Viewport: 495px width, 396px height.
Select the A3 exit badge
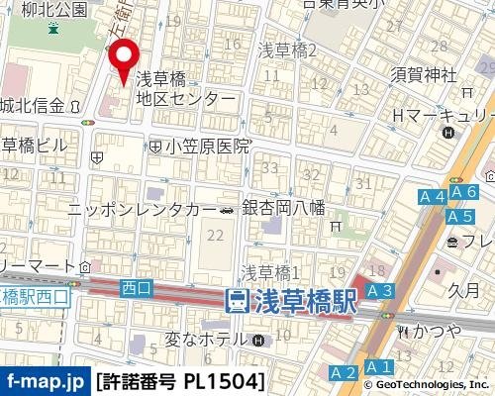(379, 290)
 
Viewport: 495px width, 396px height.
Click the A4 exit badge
(432, 198)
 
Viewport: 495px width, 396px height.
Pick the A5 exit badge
(458, 216)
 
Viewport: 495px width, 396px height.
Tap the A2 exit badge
(343, 372)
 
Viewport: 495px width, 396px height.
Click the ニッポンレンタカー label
(141, 210)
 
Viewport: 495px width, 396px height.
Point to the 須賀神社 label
(423, 75)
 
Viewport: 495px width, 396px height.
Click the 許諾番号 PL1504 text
(180, 380)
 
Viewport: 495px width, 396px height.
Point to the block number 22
(216, 235)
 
